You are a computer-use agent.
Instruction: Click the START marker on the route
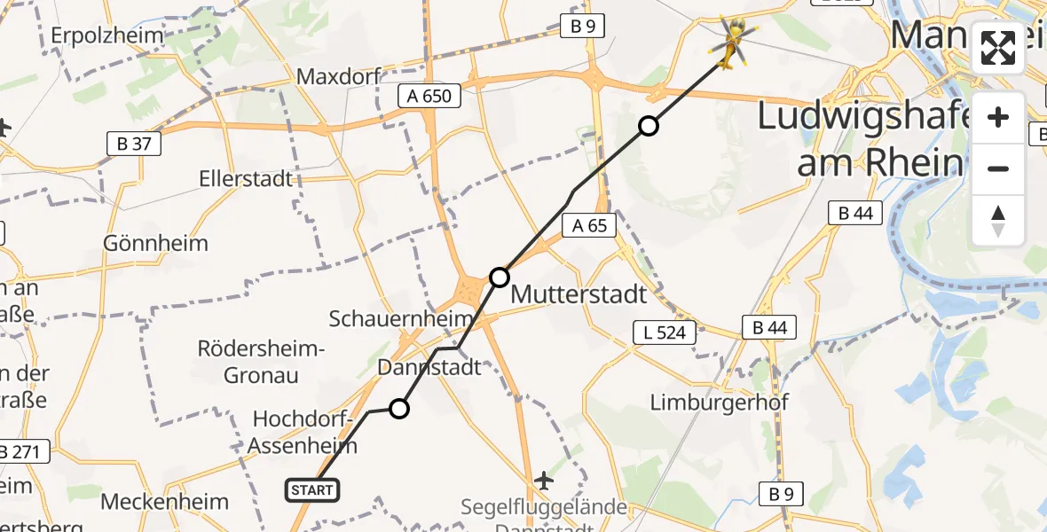(x=311, y=489)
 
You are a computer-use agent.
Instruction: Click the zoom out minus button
(x=998, y=168)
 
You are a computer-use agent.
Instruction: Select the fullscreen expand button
(x=998, y=48)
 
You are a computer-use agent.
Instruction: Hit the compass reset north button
(x=998, y=220)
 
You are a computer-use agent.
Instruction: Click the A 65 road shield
(x=589, y=225)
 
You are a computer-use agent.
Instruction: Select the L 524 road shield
(x=659, y=333)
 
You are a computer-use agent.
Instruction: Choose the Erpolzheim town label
(x=107, y=35)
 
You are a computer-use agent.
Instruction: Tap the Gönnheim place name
(x=155, y=243)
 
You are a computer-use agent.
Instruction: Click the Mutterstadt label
(x=579, y=293)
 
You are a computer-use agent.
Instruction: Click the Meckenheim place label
(x=164, y=501)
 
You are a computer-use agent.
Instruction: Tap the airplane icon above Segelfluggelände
(x=544, y=481)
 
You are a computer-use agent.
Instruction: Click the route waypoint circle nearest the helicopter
(x=649, y=126)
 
